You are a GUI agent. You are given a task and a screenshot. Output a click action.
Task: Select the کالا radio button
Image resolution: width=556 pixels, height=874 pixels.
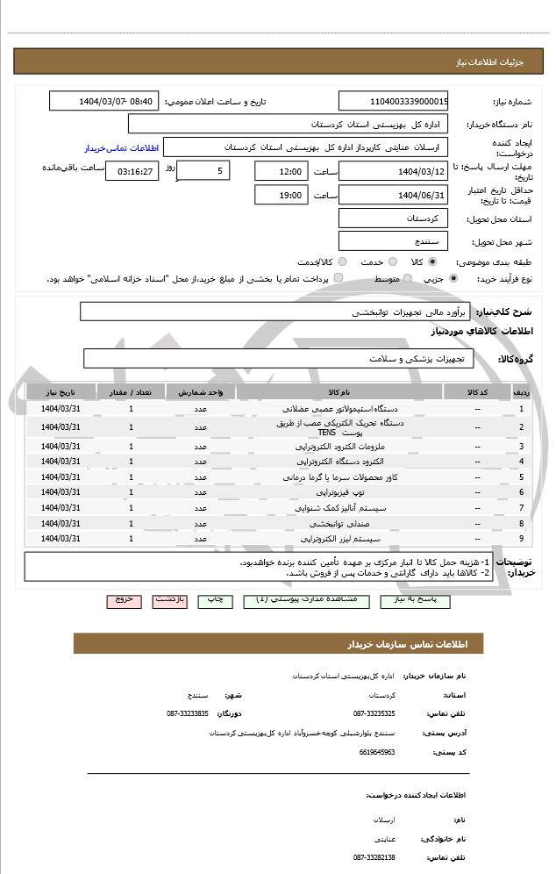coord(431,261)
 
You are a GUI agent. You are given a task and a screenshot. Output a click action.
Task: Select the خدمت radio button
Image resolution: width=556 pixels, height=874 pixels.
coord(392,261)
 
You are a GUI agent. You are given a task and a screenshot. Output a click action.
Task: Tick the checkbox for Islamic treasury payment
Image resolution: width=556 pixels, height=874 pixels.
coord(339,278)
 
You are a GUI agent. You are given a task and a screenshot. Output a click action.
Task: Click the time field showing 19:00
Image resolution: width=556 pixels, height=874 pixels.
coord(280,195)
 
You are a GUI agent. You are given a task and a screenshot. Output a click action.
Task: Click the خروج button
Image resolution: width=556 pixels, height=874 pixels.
coord(124,600)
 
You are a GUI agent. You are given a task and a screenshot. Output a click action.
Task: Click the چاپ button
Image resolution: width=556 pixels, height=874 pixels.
coord(214,600)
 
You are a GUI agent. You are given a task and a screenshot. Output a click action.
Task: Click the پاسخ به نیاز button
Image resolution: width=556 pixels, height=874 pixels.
coord(415,600)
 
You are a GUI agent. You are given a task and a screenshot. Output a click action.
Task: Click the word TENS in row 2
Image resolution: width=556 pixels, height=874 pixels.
coord(326,433)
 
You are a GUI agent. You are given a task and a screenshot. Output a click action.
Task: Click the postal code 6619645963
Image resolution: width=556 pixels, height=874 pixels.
coord(377,752)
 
